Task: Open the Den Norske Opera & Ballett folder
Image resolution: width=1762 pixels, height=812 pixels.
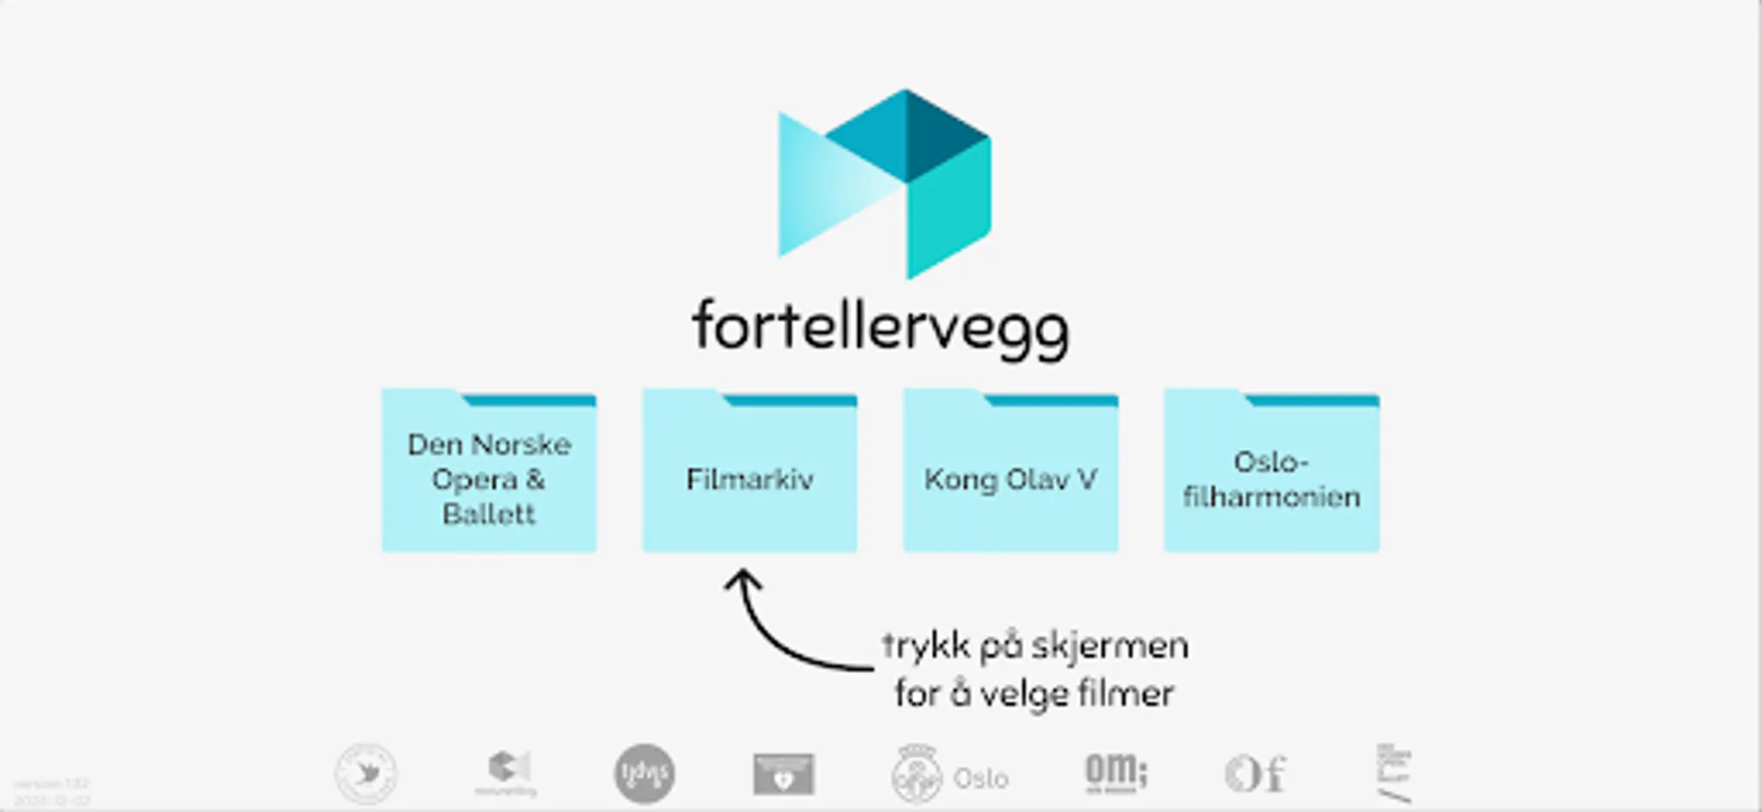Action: coord(488,474)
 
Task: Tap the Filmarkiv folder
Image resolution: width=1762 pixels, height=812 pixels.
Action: coord(749,474)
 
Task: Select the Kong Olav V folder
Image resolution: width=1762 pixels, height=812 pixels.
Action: coord(1010,474)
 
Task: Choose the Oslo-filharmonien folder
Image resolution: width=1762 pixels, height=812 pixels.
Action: coord(1270,474)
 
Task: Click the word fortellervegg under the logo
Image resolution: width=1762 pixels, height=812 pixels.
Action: coord(880,327)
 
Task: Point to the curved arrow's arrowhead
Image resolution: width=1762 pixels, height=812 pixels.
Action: coord(742,577)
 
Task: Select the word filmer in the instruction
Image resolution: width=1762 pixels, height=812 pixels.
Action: coord(1128,694)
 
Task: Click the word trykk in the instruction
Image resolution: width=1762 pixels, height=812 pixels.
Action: coord(914,646)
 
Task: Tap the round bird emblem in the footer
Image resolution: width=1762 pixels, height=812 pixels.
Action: coord(365,773)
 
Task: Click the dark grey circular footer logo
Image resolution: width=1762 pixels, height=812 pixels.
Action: coord(644,773)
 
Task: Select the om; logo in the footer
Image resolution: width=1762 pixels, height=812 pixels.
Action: coord(1115,773)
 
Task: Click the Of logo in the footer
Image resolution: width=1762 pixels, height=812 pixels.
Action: coord(1255,774)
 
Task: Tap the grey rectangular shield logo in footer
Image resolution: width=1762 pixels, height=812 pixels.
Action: coord(783,774)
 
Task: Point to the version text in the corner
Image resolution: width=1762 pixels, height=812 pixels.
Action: coord(51,792)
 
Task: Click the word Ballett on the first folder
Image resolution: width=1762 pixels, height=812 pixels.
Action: coord(488,514)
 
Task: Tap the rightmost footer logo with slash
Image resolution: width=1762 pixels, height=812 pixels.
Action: coord(1394,774)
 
